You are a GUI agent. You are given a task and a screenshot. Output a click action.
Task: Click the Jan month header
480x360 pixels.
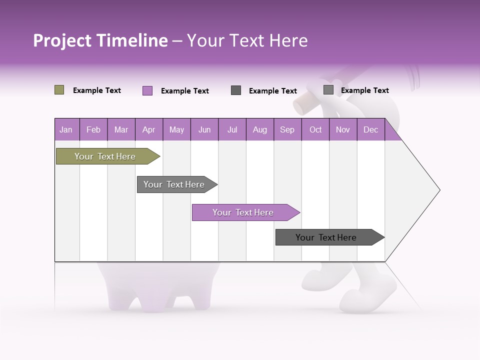(x=66, y=129)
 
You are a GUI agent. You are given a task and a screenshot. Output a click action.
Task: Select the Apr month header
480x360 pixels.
(x=148, y=129)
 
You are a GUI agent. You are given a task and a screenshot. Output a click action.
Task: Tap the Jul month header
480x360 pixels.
(x=232, y=129)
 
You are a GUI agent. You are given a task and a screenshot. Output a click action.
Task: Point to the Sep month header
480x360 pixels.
(x=287, y=129)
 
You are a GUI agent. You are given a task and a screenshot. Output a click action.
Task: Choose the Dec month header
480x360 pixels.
(x=370, y=129)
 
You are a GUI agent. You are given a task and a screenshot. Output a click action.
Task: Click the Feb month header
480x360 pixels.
(x=93, y=129)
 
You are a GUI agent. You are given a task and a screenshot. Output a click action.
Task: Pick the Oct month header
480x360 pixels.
(x=315, y=129)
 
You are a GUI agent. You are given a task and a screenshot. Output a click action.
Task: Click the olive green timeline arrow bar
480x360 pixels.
(x=105, y=156)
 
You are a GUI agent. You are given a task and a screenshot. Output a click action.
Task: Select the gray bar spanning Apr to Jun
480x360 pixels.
(x=174, y=184)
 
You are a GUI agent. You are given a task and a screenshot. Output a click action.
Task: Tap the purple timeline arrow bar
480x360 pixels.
(x=243, y=212)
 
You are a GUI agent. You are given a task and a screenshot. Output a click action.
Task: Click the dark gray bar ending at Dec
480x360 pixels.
(x=326, y=237)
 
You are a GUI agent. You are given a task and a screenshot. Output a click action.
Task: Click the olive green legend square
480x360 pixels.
(x=59, y=90)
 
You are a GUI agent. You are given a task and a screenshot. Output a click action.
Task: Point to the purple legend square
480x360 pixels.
(x=147, y=90)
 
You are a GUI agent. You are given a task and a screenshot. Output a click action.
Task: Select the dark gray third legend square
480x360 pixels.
(x=236, y=90)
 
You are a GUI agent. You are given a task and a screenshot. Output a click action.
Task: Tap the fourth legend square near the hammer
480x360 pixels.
(x=328, y=89)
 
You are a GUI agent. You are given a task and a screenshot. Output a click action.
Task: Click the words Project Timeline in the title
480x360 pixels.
(x=100, y=40)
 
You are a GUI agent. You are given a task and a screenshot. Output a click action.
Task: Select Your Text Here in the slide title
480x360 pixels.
(x=247, y=40)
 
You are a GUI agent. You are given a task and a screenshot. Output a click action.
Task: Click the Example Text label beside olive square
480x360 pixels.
(x=97, y=90)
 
